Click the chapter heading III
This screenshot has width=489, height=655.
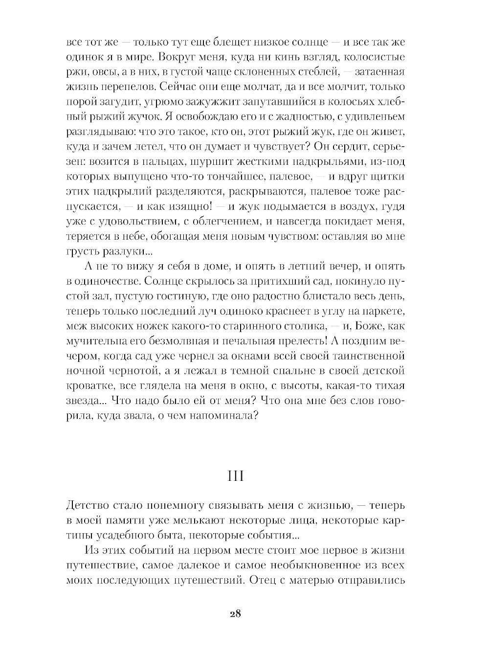[235, 475]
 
